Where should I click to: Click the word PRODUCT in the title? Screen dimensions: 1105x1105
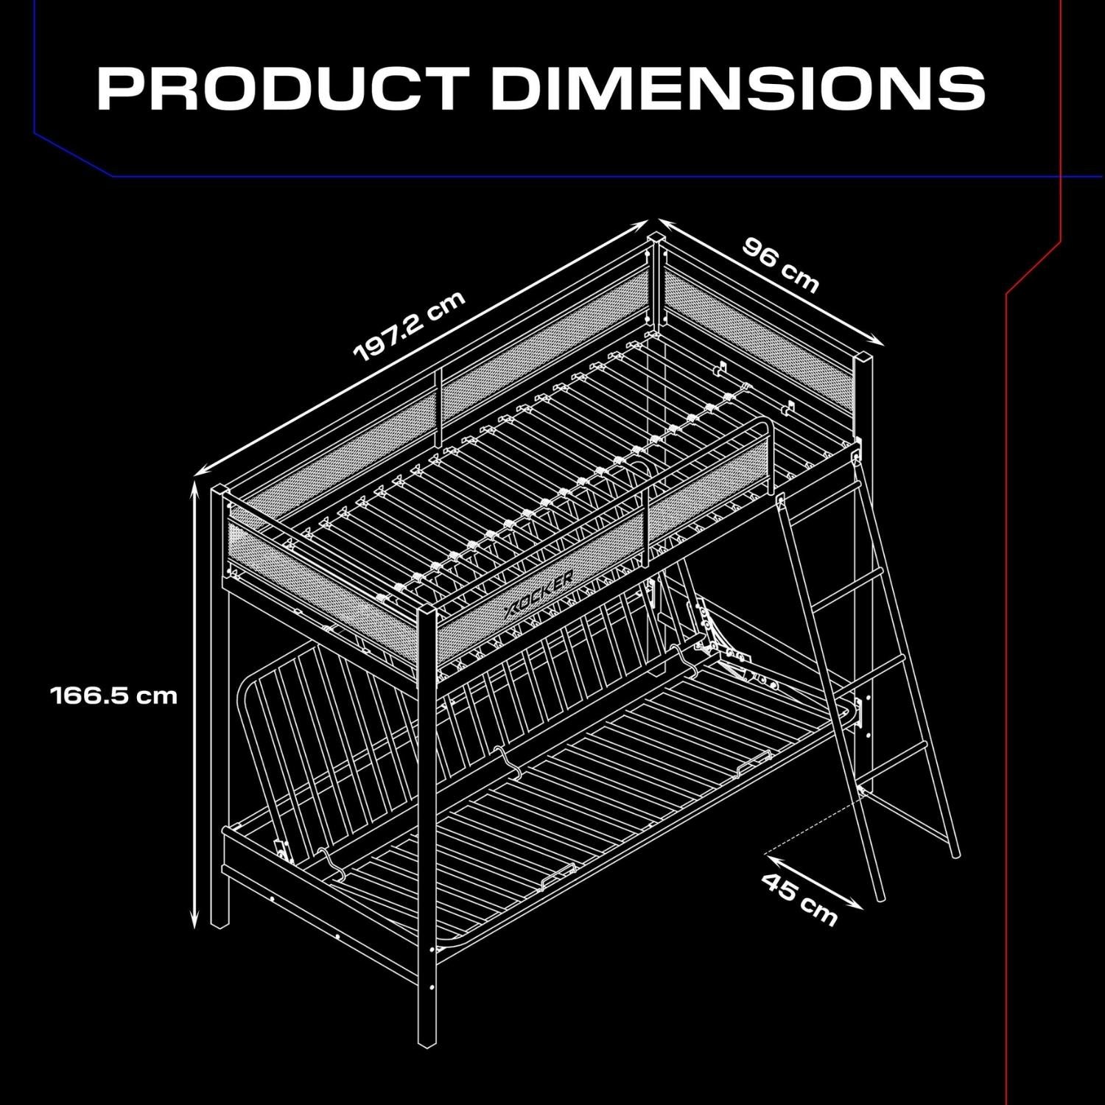click(283, 88)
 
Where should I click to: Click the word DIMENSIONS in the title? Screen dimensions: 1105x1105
click(738, 88)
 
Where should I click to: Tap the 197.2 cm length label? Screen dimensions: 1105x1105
click(410, 326)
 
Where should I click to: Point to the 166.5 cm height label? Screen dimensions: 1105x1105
click(114, 695)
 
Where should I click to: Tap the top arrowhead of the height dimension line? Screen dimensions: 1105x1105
click(195, 486)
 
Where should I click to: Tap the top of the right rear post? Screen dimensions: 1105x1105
click(862, 359)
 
